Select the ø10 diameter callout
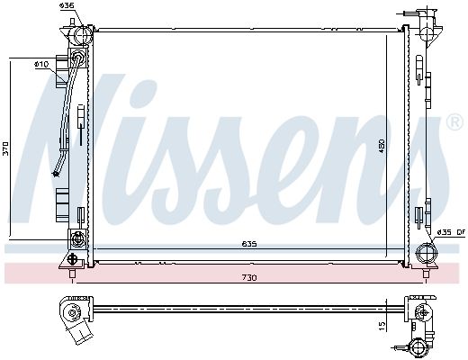click(x=40, y=64)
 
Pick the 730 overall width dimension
click(x=249, y=276)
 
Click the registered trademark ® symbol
click(x=455, y=122)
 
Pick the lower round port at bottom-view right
click(x=418, y=346)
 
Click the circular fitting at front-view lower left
click(x=76, y=239)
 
